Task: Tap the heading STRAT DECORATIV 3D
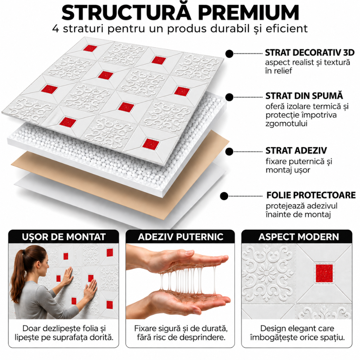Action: pos(310,53)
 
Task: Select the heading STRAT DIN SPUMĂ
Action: pos(304,95)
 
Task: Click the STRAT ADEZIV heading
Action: pos(296,151)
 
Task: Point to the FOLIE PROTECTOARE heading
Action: pos(311,195)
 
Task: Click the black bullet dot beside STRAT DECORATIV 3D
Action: pos(229,54)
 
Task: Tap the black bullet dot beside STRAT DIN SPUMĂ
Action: pos(229,97)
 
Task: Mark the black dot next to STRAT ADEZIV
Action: pos(229,152)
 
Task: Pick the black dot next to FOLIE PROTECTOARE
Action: pos(224,196)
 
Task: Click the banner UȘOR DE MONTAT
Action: pos(64,237)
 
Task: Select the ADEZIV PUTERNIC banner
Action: pos(180,237)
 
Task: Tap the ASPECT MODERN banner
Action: pos(297,237)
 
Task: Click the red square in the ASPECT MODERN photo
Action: pos(324,273)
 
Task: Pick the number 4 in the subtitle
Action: pos(56,29)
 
